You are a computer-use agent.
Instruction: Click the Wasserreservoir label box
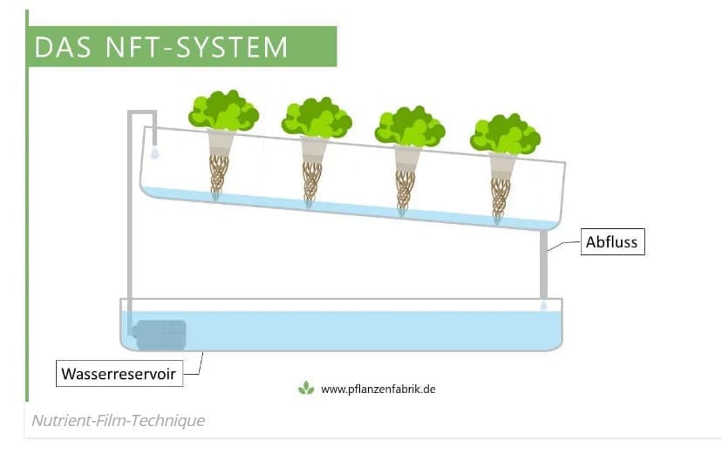[x=119, y=375]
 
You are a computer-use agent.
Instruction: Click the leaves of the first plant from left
[x=223, y=112]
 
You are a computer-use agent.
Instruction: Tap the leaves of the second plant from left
[x=317, y=119]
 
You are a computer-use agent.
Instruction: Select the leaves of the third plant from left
[x=410, y=127]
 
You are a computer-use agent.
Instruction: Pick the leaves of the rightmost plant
[x=505, y=135]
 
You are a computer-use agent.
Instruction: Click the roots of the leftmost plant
[x=218, y=174]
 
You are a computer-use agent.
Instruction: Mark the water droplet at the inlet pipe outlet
[x=154, y=153]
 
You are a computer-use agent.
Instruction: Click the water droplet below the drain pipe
[x=543, y=306]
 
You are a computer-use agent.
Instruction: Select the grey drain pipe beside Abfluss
[x=543, y=261]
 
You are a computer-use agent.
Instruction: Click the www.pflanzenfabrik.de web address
[x=378, y=389]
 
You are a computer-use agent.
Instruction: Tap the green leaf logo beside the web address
[x=306, y=388]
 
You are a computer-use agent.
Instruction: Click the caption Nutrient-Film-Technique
[x=119, y=421]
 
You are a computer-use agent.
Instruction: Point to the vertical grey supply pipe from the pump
[x=130, y=227]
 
